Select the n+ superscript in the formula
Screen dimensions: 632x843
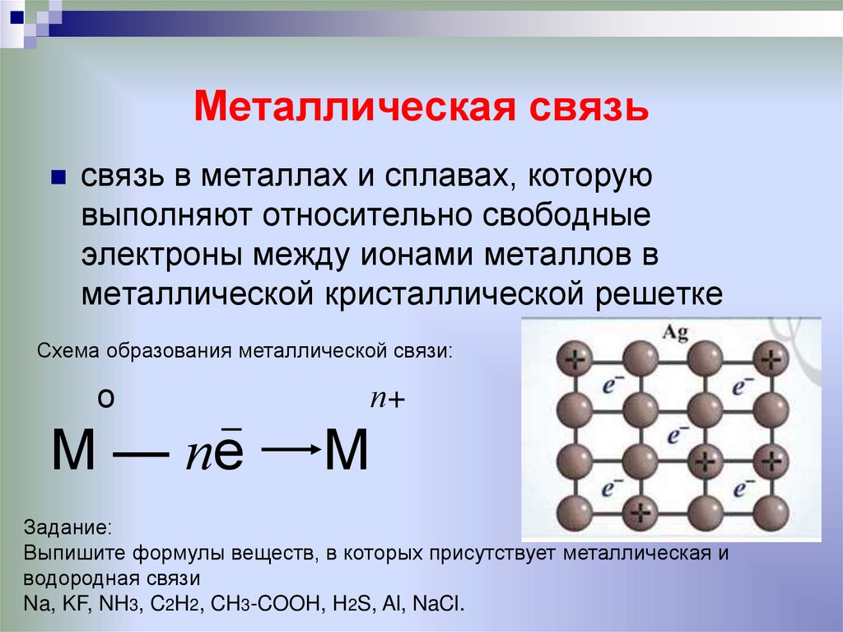click(x=389, y=400)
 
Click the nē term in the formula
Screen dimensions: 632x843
click(x=212, y=452)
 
